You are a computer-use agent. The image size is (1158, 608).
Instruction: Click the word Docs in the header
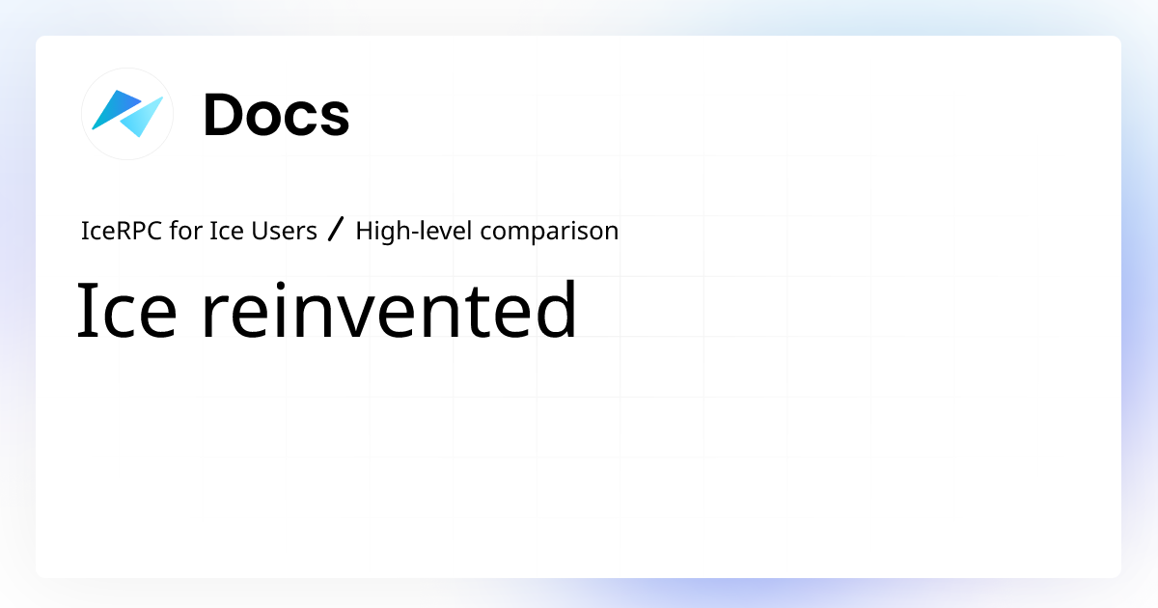click(276, 115)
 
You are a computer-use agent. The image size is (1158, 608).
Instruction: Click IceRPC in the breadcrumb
click(115, 232)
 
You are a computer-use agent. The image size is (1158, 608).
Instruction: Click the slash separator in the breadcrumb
click(336, 232)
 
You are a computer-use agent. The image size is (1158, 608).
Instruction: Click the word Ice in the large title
click(125, 311)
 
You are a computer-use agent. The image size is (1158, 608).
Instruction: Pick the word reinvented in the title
click(389, 311)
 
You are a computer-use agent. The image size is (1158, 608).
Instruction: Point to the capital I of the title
click(83, 311)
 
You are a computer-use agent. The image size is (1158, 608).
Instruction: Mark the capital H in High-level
click(364, 232)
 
